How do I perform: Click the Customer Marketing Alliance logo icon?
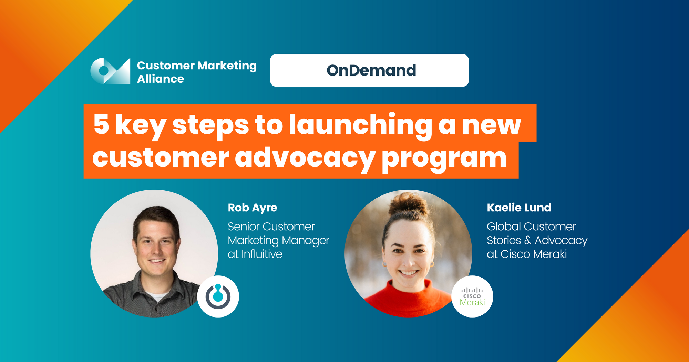pos(110,71)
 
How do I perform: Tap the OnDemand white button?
pos(369,70)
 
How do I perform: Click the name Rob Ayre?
pos(253,208)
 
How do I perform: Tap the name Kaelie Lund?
pos(519,208)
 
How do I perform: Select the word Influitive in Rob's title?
pos(262,254)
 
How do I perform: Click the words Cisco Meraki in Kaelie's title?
pos(533,254)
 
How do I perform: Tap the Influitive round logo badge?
pos(218,296)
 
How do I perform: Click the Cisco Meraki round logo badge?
pos(472,296)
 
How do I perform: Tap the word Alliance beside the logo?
pos(161,79)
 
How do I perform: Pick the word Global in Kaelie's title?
pos(504,227)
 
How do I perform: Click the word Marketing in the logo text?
pos(227,66)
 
